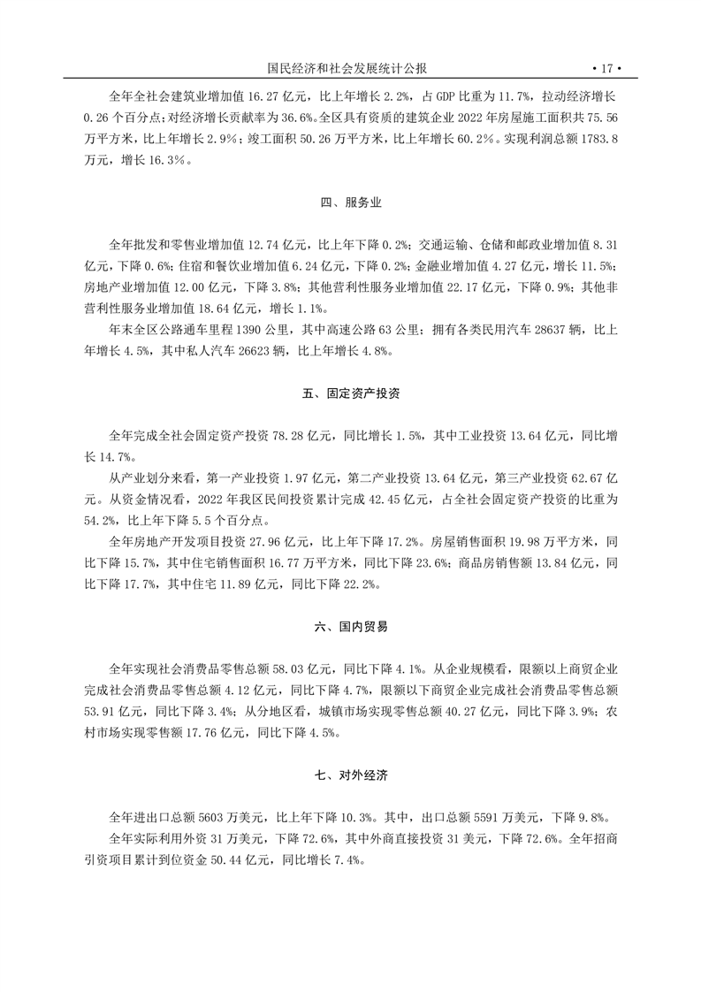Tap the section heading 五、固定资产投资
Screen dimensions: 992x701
pyautogui.click(x=351, y=393)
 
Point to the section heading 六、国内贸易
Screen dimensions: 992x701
pyautogui.click(x=351, y=626)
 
